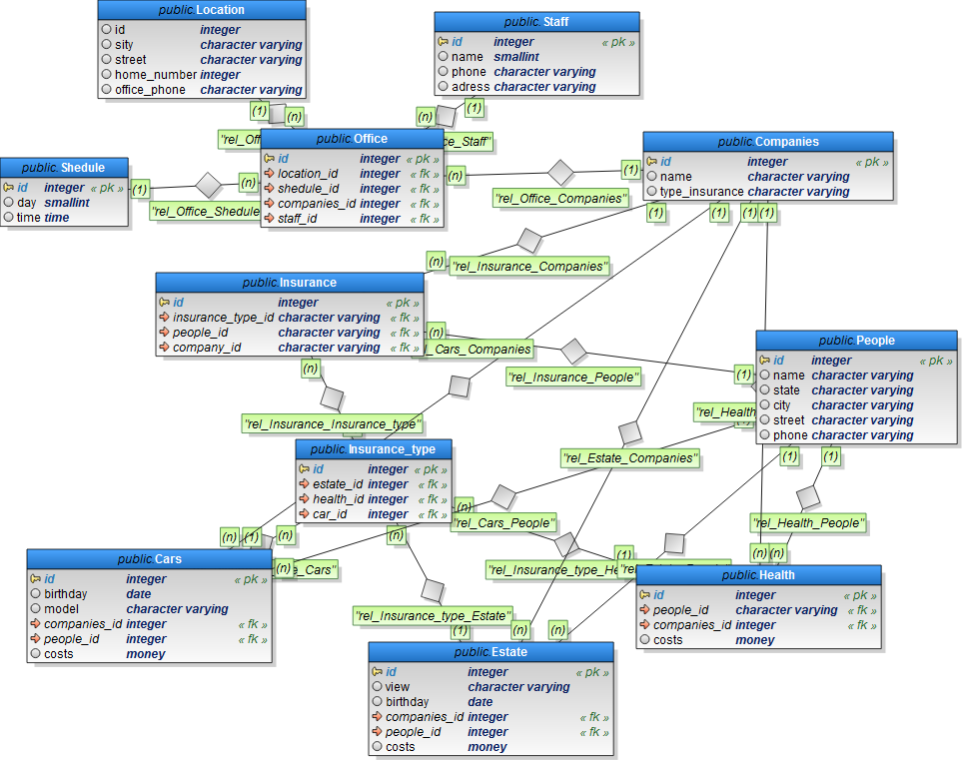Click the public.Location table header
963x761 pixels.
point(202,10)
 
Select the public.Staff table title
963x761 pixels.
point(536,21)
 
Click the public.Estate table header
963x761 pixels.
point(490,652)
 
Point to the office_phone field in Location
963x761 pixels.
point(150,90)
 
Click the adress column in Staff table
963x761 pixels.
point(471,87)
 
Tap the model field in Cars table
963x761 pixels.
point(62,609)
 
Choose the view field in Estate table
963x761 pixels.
point(398,687)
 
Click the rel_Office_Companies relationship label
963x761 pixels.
point(560,199)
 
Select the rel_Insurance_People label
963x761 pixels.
point(572,378)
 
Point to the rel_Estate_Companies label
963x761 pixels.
point(629,458)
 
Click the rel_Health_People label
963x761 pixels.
point(807,522)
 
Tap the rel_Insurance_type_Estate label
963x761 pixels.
point(432,615)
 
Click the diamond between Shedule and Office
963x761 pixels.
point(208,185)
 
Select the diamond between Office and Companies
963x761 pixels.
point(560,173)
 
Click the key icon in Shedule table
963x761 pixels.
point(8,188)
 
